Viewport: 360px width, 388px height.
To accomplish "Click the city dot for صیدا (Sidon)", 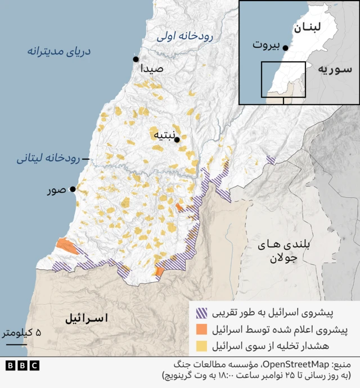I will pos(136,59).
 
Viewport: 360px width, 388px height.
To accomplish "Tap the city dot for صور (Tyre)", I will pos(72,190).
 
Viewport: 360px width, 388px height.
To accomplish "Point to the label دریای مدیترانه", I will pos(59,51).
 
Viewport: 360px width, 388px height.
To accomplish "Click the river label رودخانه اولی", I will pos(184,36).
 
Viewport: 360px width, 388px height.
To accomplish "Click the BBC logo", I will pos(22,366).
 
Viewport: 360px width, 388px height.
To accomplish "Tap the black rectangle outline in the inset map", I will pos(283,79).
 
